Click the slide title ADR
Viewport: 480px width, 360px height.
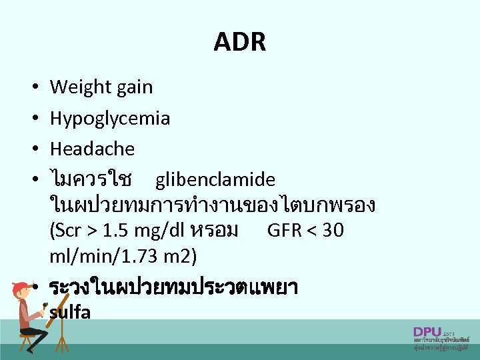tap(239, 42)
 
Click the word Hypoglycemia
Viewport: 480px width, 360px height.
tap(109, 119)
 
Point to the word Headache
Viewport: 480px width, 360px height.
tap(92, 149)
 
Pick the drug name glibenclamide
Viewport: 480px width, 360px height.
tap(215, 180)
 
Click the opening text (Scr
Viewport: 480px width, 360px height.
tap(67, 231)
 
